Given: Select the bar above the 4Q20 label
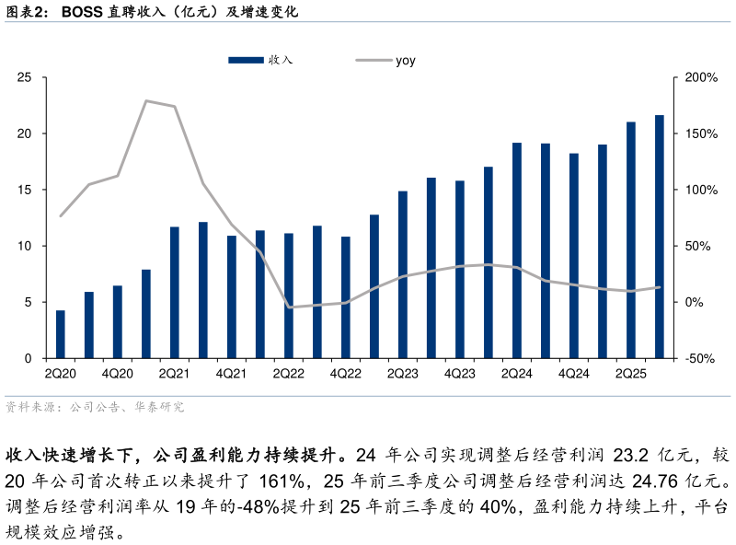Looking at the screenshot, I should (117, 322).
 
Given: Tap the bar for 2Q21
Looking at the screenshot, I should (174, 293).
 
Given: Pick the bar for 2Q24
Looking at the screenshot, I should (517, 250).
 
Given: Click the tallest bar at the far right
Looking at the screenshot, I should (660, 237).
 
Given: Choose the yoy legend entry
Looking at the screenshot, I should (386, 61).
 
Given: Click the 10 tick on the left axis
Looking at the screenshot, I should (25, 246).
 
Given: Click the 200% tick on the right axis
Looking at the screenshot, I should (701, 77).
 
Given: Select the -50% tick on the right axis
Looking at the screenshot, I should (701, 358).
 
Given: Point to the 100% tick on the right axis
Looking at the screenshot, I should (701, 190).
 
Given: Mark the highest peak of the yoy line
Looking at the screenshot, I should (146, 100).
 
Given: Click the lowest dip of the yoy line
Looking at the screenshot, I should (289, 307).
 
